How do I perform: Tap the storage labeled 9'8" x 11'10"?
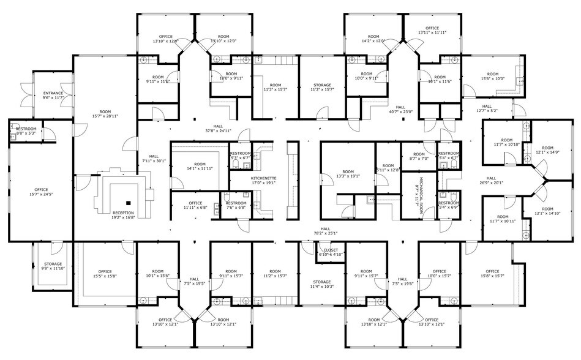(52, 266)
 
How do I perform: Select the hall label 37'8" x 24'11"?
(218, 128)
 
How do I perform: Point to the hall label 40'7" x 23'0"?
(401, 109)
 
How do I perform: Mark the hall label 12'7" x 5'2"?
(488, 108)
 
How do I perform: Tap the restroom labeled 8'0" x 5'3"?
(26, 130)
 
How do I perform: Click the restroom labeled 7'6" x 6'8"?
(236, 205)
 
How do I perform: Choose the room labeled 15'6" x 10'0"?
(492, 76)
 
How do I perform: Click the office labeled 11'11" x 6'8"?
(195, 205)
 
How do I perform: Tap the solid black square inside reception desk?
(128, 202)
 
